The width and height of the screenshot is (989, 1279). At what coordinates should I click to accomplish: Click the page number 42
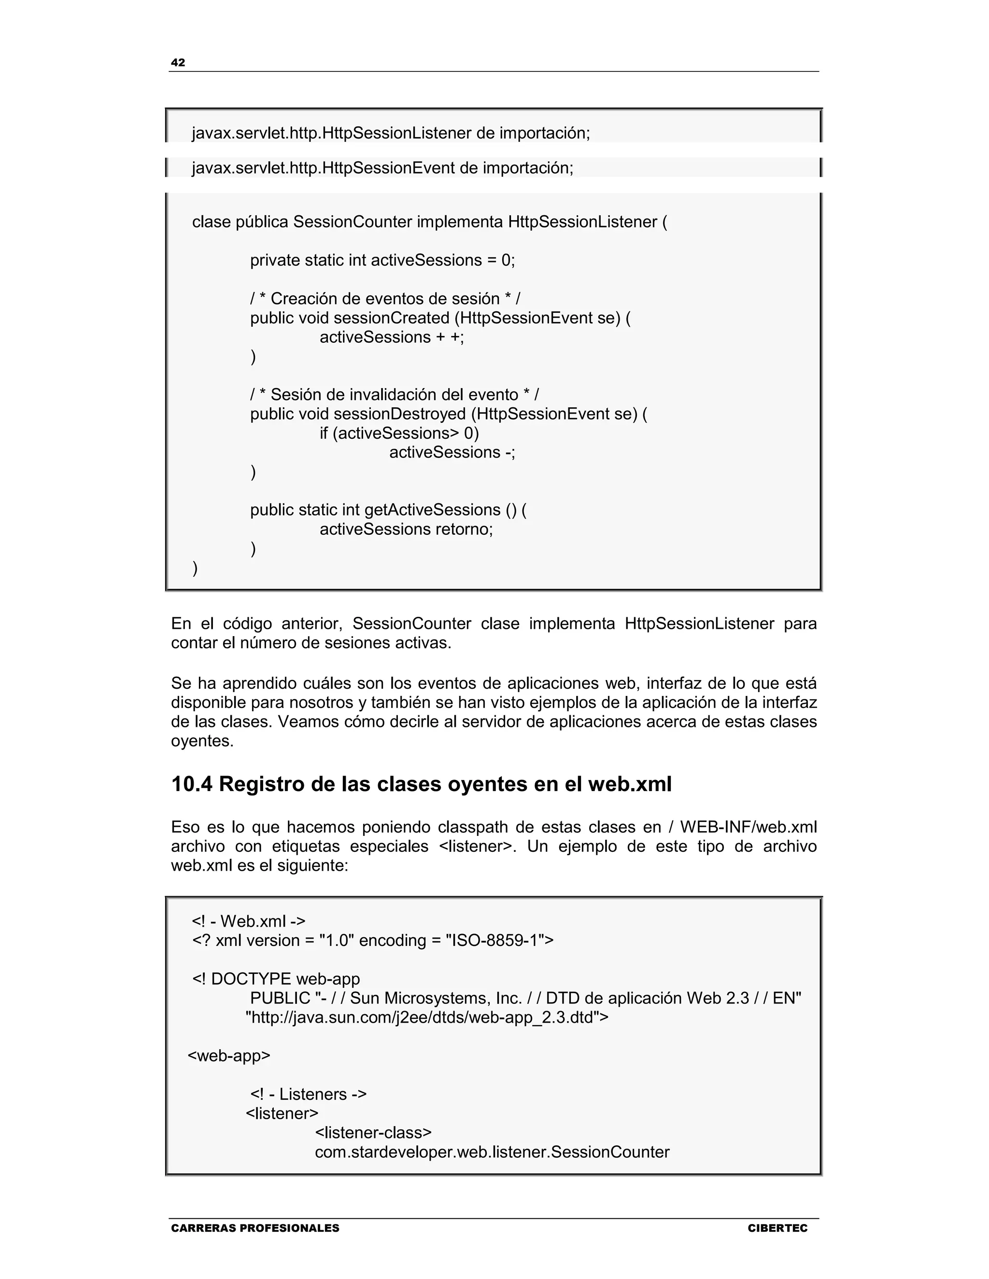pos(178,63)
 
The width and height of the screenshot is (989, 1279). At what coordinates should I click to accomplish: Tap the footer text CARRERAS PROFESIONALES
pos(255,1228)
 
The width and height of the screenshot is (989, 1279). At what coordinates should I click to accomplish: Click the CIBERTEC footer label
pos(777,1228)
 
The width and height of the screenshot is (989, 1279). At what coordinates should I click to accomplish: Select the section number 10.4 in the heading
pos(192,784)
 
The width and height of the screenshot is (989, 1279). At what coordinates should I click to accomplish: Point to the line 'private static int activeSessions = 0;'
pos(382,260)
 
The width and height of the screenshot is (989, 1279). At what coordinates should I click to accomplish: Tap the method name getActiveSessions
pos(432,510)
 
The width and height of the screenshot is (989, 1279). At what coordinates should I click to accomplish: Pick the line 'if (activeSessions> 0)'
pos(399,433)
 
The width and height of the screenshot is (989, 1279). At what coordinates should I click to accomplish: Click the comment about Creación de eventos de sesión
pos(385,299)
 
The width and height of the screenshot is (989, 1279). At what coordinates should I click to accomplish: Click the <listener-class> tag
pos(373,1133)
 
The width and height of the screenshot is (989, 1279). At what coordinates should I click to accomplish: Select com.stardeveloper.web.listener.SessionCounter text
pos(492,1152)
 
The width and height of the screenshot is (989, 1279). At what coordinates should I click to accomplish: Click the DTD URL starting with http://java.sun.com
pos(426,1017)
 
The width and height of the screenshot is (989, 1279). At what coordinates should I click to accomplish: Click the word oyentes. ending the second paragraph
pos(202,741)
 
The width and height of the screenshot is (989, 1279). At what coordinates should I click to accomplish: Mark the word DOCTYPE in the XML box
pos(251,979)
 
